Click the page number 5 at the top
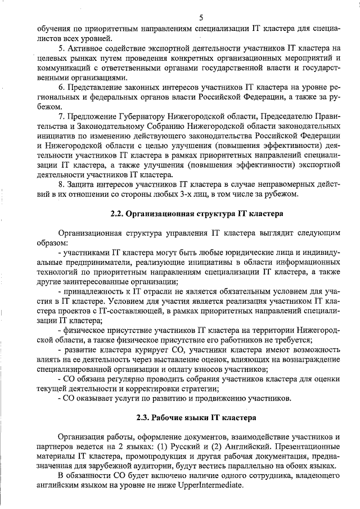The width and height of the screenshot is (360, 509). [201, 18]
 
